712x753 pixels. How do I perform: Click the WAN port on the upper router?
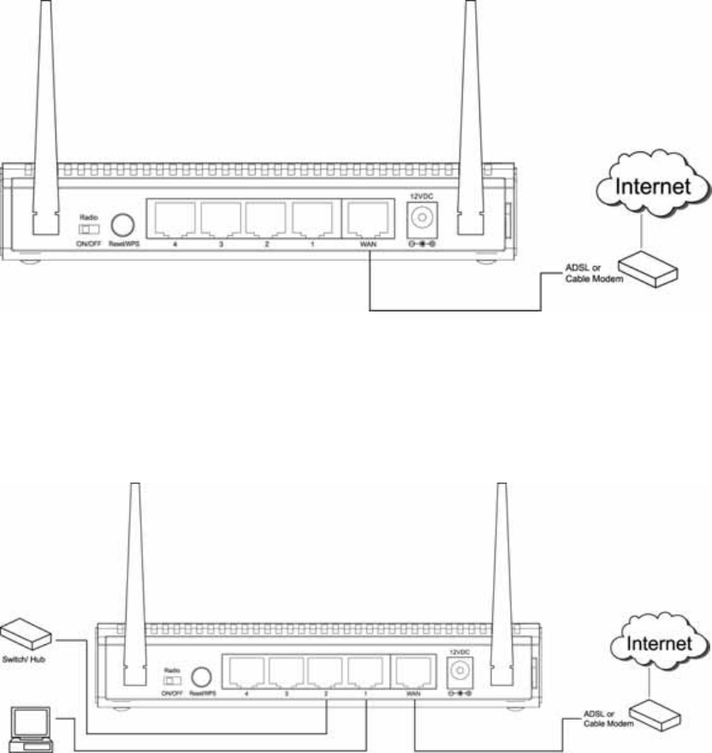[368, 220]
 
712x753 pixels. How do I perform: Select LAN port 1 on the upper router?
[313, 220]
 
